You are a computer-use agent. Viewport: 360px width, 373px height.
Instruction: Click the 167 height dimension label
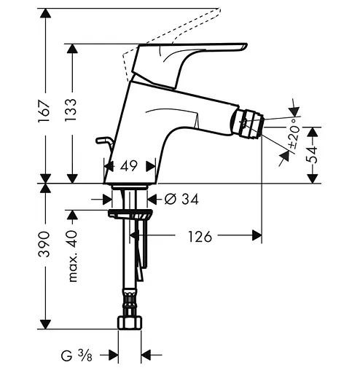44,111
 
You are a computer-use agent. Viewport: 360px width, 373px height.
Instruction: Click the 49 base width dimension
129,166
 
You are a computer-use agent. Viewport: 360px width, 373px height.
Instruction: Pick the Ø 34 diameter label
179,197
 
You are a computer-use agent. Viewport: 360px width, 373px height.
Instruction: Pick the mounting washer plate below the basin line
130,214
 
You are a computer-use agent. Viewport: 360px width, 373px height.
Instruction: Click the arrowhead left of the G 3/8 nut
113,356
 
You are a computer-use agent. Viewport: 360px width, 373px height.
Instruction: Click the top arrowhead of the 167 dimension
44,12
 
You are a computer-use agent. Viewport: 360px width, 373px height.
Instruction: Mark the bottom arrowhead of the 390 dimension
44,325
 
